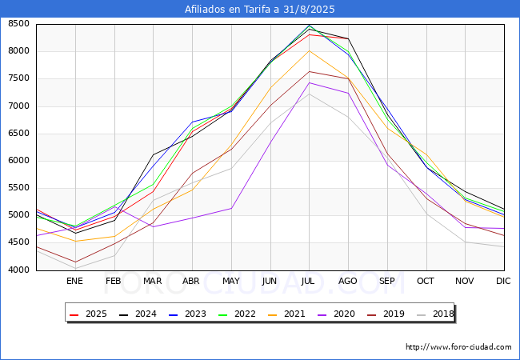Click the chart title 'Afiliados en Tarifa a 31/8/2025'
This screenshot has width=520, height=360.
pyautogui.click(x=260, y=10)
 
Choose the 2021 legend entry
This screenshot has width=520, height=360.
pyautogui.click(x=293, y=314)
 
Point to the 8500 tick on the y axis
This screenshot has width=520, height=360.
pyautogui.click(x=18, y=24)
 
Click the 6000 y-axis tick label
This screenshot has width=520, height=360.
pyautogui.click(x=18, y=161)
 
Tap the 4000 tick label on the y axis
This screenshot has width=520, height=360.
pyautogui.click(x=18, y=270)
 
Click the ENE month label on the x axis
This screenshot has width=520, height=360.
pyautogui.click(x=74, y=281)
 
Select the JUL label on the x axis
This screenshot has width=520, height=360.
pyautogui.click(x=309, y=281)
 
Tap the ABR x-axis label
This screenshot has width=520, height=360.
pyautogui.click(x=191, y=281)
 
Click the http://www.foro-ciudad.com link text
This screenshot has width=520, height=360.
pyautogui.click(x=458, y=347)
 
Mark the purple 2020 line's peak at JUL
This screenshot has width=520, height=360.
pyautogui.click(x=309, y=82)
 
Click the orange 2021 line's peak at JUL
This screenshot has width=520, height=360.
pyautogui.click(x=309, y=51)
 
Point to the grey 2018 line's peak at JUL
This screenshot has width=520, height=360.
pyautogui.click(x=309, y=94)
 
